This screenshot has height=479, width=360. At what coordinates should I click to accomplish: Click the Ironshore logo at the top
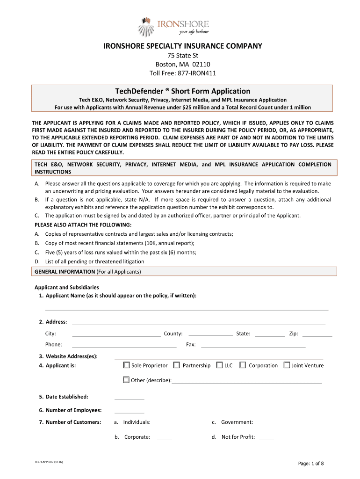(x=174, y=26)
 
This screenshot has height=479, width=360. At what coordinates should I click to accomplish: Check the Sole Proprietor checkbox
(x=126, y=365)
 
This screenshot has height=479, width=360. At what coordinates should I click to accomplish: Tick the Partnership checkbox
(x=177, y=365)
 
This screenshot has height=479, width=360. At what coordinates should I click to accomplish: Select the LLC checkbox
(x=220, y=365)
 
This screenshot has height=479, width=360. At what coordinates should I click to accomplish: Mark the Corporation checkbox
(x=243, y=365)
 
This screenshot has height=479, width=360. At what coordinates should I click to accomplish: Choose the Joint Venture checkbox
(x=287, y=365)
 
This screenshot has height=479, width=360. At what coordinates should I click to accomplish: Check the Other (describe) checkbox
(x=126, y=380)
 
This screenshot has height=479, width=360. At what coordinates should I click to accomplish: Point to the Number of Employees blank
(x=129, y=412)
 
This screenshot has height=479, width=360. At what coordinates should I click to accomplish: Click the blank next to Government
(x=266, y=424)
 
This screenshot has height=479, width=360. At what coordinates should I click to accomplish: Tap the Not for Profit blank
(x=266, y=439)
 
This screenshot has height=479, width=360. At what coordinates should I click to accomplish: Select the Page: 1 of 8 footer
(x=311, y=464)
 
